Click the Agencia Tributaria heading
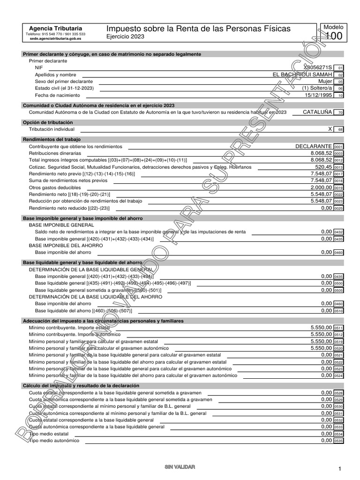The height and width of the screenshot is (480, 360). click(55, 28)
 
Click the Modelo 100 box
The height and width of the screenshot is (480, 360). click(333, 32)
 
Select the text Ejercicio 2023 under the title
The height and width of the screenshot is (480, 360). click(126, 37)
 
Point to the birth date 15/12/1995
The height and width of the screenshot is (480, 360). click(318, 95)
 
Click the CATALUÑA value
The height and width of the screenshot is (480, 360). click(317, 112)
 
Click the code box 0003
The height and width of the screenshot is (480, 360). click(338, 153)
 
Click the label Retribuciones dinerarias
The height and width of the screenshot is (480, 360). click(55, 153)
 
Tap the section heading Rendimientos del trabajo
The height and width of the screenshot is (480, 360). click(52, 139)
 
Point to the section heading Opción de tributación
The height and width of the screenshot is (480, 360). click(48, 122)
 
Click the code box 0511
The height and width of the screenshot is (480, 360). click(338, 328)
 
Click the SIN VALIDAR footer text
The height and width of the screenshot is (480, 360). click(180, 467)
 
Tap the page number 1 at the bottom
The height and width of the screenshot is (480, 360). click(339, 469)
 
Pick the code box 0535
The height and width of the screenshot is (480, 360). click(338, 441)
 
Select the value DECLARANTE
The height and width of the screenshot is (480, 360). click(314, 146)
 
